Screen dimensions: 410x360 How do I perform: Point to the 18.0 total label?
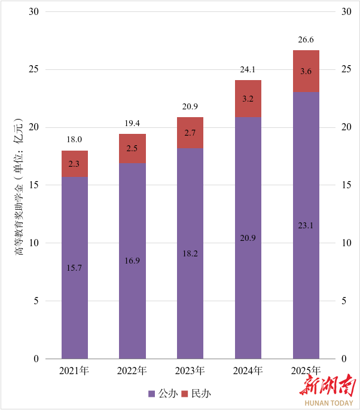[x=75, y=139]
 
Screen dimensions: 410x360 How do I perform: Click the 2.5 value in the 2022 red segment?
[x=132, y=148]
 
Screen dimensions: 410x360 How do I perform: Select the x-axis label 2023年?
[x=190, y=371]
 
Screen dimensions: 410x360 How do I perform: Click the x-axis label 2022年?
[x=132, y=371]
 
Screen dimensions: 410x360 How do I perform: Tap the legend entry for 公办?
[x=163, y=394]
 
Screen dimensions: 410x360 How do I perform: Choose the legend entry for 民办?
[x=197, y=394]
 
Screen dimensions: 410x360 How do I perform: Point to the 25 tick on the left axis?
[x=33, y=69]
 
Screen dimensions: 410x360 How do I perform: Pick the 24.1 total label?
[x=248, y=70]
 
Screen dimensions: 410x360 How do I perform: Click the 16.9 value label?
[x=132, y=261]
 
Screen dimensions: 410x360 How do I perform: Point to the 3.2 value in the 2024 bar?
[x=248, y=99]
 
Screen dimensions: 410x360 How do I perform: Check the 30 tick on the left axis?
[x=33, y=11]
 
